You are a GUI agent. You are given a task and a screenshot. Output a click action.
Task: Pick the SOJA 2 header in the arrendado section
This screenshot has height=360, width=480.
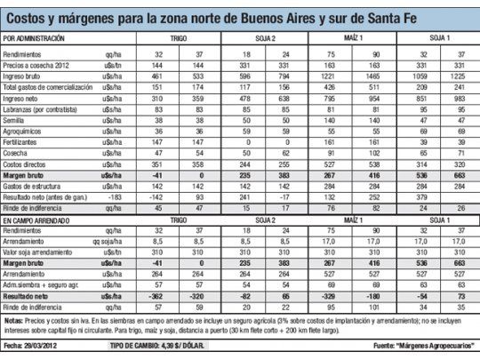pyautogui.click(x=276, y=218)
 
